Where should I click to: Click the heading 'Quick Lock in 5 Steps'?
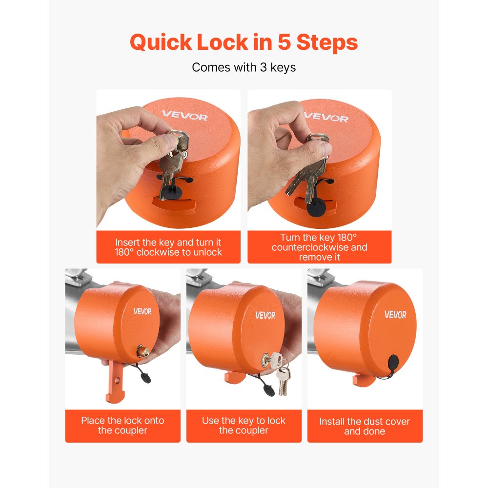244,42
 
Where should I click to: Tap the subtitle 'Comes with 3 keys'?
244,67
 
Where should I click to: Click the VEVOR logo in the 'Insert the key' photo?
185,117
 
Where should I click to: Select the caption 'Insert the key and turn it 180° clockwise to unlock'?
168,247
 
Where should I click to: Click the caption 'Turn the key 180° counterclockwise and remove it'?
320,247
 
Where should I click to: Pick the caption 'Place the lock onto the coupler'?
122,426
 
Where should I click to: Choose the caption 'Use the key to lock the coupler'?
244,426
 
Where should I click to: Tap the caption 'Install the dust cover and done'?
365,427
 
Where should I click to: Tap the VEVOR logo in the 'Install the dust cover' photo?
395,315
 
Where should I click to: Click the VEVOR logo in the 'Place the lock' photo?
142,311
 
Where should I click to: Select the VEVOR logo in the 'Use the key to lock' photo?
265,315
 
